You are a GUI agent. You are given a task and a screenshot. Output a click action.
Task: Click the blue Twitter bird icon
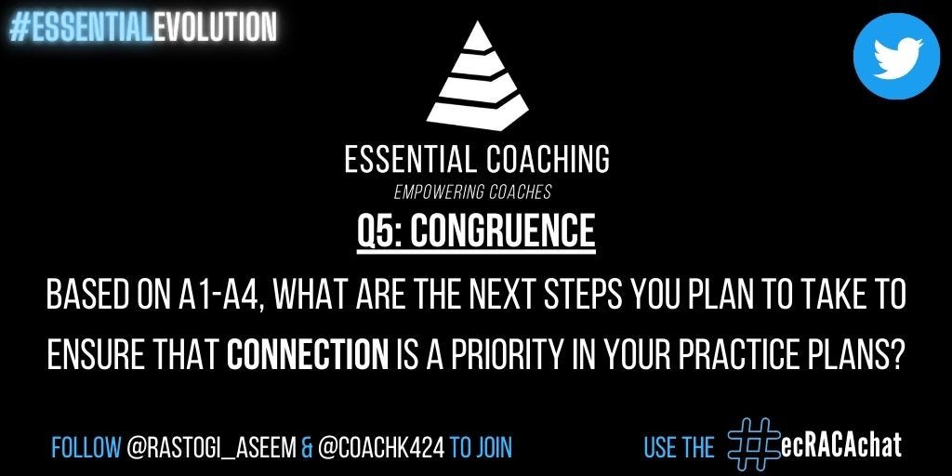[896, 56]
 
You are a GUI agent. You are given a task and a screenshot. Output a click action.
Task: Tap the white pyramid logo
[477, 76]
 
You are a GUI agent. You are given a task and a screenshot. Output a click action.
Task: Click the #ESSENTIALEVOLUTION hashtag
[143, 28]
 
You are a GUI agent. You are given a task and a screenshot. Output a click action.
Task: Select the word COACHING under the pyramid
[548, 160]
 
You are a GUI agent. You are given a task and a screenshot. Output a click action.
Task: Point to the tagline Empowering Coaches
[472, 192]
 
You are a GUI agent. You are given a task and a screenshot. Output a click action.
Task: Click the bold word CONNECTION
[307, 354]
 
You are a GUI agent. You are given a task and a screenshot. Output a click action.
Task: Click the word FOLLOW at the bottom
[86, 447]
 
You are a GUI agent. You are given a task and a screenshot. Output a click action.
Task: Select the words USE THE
[680, 447]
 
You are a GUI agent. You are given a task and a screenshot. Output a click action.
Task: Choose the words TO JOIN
[481, 447]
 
